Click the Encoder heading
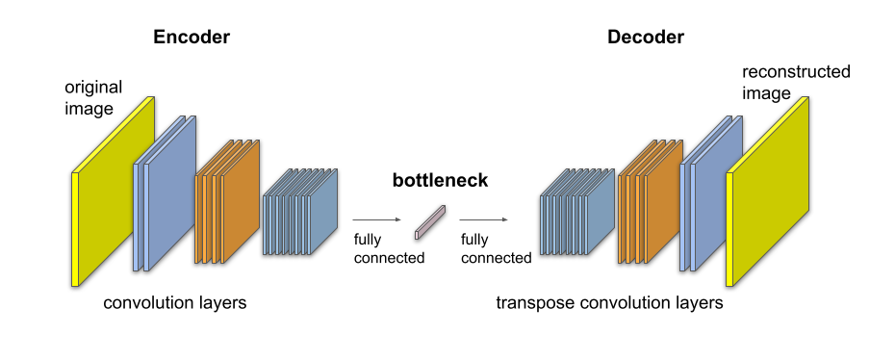point(191,38)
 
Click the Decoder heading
point(645,38)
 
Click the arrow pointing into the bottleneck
point(376,220)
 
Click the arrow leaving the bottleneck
point(483,220)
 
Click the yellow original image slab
point(114,193)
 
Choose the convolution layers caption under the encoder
point(175,304)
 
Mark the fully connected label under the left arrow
point(389,248)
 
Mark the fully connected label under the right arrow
point(496,248)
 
